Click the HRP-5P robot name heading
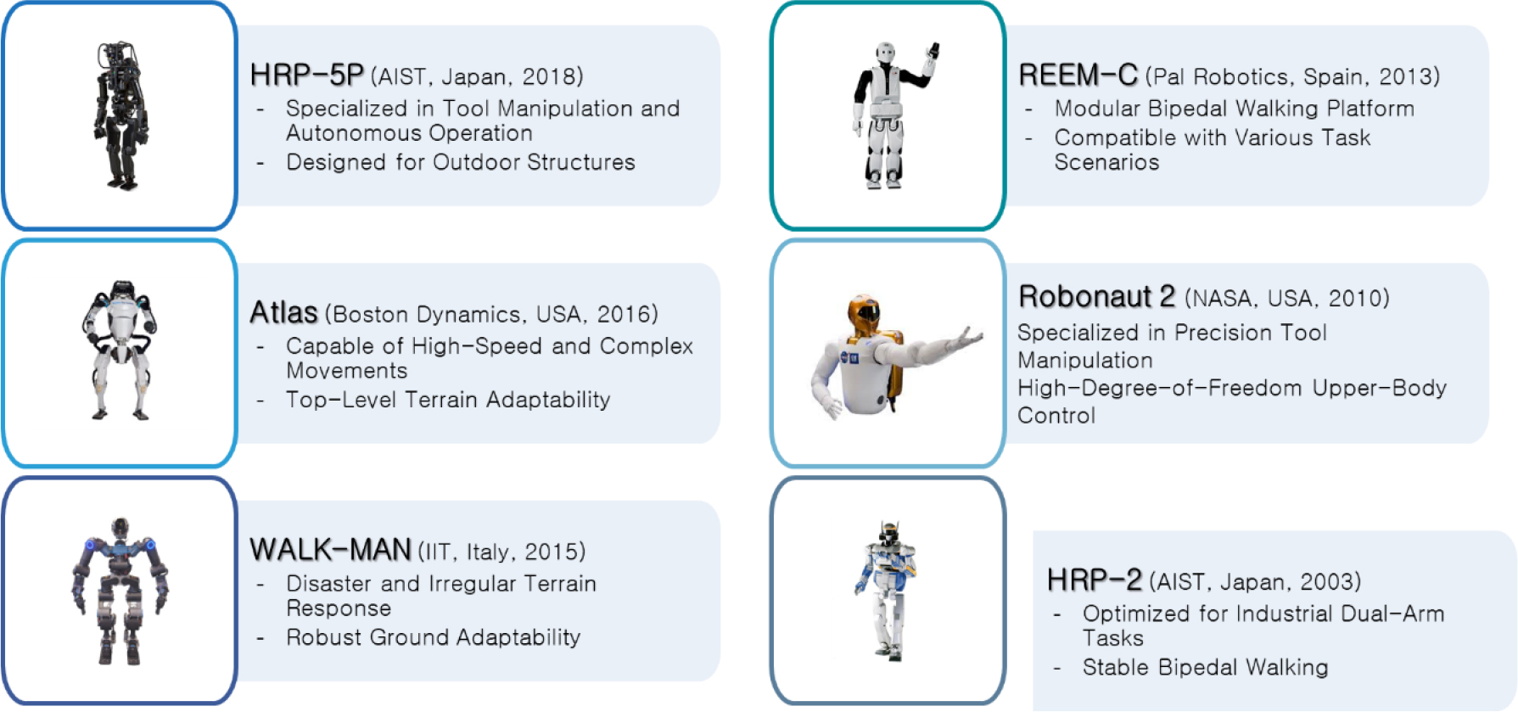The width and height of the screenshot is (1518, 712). (x=307, y=76)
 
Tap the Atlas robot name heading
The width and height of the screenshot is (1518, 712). (x=283, y=313)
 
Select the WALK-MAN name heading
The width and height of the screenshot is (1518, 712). (x=331, y=550)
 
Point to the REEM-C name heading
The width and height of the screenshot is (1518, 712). (x=1078, y=76)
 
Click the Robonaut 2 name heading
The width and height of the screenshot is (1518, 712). (x=1096, y=297)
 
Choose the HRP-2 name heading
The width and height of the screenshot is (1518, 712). (x=1095, y=580)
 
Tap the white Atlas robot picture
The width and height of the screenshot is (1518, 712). (x=120, y=350)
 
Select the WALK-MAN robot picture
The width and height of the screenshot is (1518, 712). (x=120, y=591)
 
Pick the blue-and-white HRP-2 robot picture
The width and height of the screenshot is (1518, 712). (x=887, y=591)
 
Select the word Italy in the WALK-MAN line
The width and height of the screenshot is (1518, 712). (x=488, y=552)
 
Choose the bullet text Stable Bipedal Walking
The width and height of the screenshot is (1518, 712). (x=1206, y=668)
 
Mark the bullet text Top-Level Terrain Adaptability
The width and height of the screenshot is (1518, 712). (x=448, y=400)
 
